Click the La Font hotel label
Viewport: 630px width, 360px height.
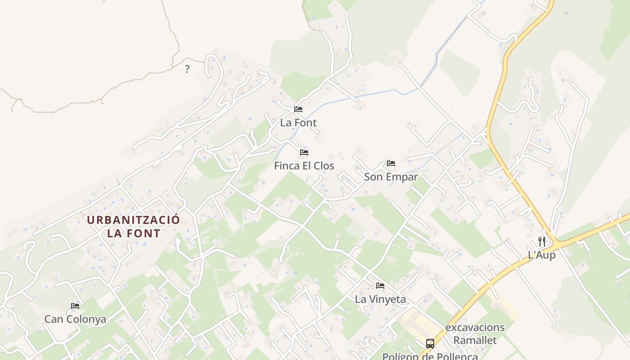click(298, 122)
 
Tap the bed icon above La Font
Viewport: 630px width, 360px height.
click(298, 109)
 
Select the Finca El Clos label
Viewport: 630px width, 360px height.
click(304, 166)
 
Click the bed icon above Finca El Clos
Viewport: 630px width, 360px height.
click(304, 153)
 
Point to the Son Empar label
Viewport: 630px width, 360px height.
click(391, 177)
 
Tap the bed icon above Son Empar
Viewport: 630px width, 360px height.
click(391, 163)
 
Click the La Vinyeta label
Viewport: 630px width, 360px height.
click(380, 299)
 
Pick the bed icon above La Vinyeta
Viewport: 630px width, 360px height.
click(380, 286)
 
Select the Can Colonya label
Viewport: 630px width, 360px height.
click(75, 319)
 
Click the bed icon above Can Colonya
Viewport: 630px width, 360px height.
click(75, 306)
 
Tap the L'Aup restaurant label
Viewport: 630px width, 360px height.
click(542, 255)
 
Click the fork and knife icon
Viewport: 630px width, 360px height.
click(542, 242)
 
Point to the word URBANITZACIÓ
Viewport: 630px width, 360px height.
click(134, 220)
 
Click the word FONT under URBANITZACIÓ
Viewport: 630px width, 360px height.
click(144, 234)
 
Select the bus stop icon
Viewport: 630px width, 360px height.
click(430, 344)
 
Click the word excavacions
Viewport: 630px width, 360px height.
click(475, 328)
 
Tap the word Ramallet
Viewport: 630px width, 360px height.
click(475, 340)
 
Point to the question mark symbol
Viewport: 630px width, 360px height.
click(187, 69)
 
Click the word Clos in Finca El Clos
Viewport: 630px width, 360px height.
click(324, 166)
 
